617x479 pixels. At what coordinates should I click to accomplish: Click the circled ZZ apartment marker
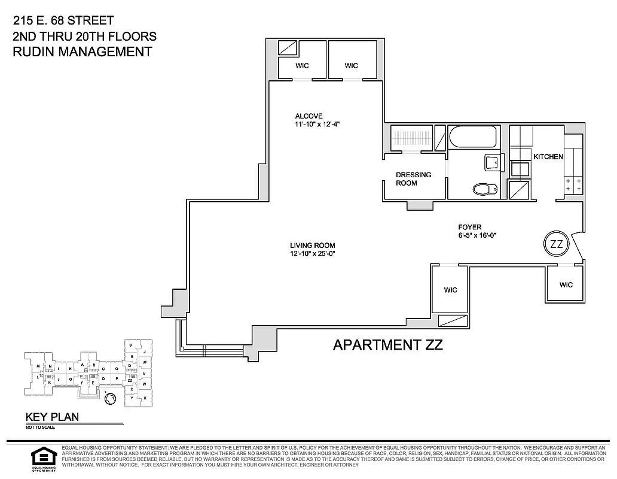click(556, 244)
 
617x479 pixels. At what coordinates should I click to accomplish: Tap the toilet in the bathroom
click(484, 189)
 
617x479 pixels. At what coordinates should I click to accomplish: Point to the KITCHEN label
click(548, 157)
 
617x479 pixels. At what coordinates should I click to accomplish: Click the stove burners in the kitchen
click(573, 184)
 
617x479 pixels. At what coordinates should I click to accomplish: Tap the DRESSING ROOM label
click(413, 179)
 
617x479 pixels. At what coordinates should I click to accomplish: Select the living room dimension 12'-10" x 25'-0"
click(312, 254)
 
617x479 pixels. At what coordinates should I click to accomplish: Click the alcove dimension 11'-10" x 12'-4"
click(317, 125)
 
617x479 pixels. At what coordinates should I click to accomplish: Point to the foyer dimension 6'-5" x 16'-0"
click(477, 235)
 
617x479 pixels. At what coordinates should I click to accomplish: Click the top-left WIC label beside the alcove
click(303, 66)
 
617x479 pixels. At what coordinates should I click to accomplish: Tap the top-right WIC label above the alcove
click(352, 66)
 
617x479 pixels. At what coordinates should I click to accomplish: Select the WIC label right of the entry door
click(566, 285)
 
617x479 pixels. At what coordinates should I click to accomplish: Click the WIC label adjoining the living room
click(450, 290)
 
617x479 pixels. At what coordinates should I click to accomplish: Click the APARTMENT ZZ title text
click(387, 345)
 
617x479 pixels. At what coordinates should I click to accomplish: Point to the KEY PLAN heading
click(52, 417)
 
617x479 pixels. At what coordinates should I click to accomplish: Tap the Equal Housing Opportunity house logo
click(41, 457)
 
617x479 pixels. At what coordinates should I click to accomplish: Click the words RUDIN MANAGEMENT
click(82, 51)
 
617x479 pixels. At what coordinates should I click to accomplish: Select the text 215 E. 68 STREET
click(63, 21)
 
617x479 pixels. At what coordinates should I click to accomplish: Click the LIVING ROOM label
click(312, 245)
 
